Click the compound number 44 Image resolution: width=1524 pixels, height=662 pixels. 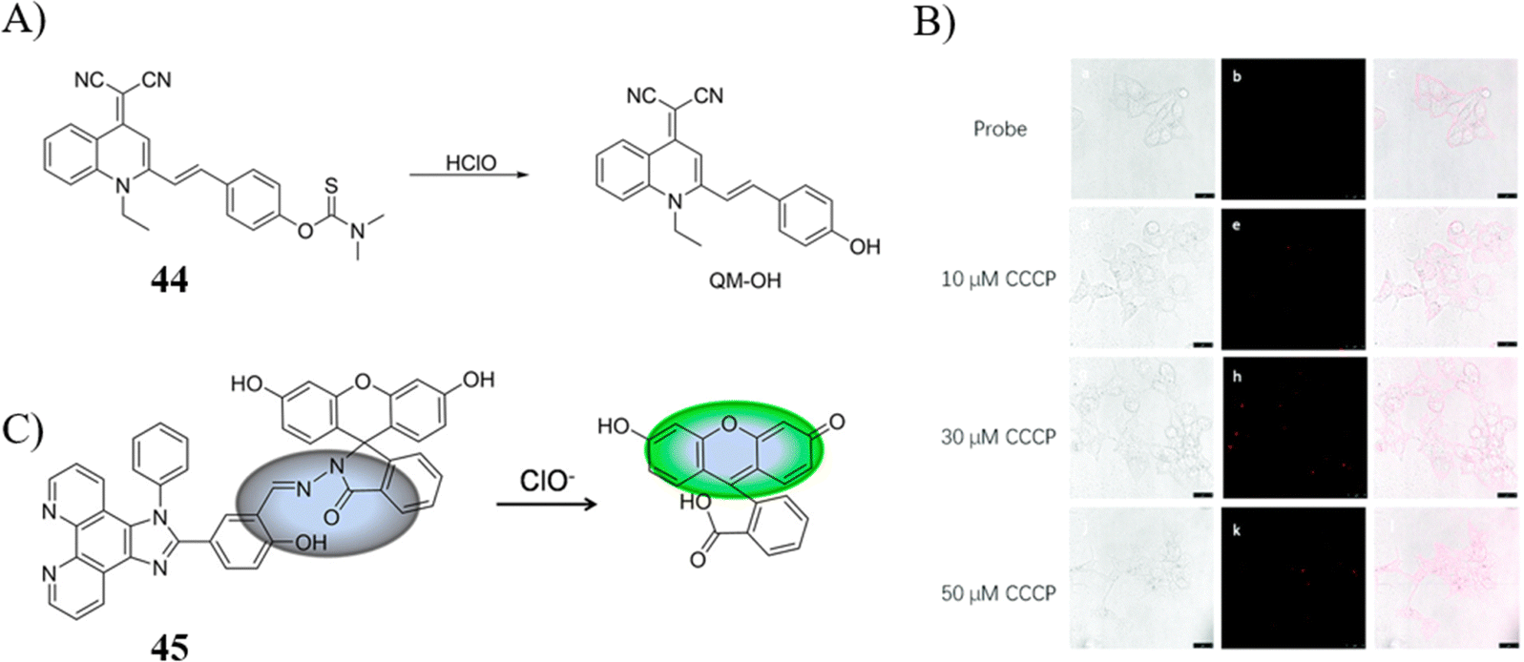(x=168, y=281)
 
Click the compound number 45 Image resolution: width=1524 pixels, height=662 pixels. (x=169, y=648)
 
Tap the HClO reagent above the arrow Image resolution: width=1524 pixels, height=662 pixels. (x=470, y=163)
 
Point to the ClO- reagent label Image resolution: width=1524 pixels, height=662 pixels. (x=547, y=479)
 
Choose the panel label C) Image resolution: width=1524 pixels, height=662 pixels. (x=25, y=431)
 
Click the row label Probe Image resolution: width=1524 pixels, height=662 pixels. (x=1000, y=129)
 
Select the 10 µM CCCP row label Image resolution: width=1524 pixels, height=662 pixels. (x=998, y=280)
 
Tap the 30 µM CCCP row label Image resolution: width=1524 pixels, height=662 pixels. (x=998, y=437)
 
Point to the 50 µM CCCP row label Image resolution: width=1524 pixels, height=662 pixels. (x=998, y=592)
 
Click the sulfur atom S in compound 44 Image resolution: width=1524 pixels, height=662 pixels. (x=330, y=188)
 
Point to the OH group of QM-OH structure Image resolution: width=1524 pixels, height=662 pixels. (x=865, y=247)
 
